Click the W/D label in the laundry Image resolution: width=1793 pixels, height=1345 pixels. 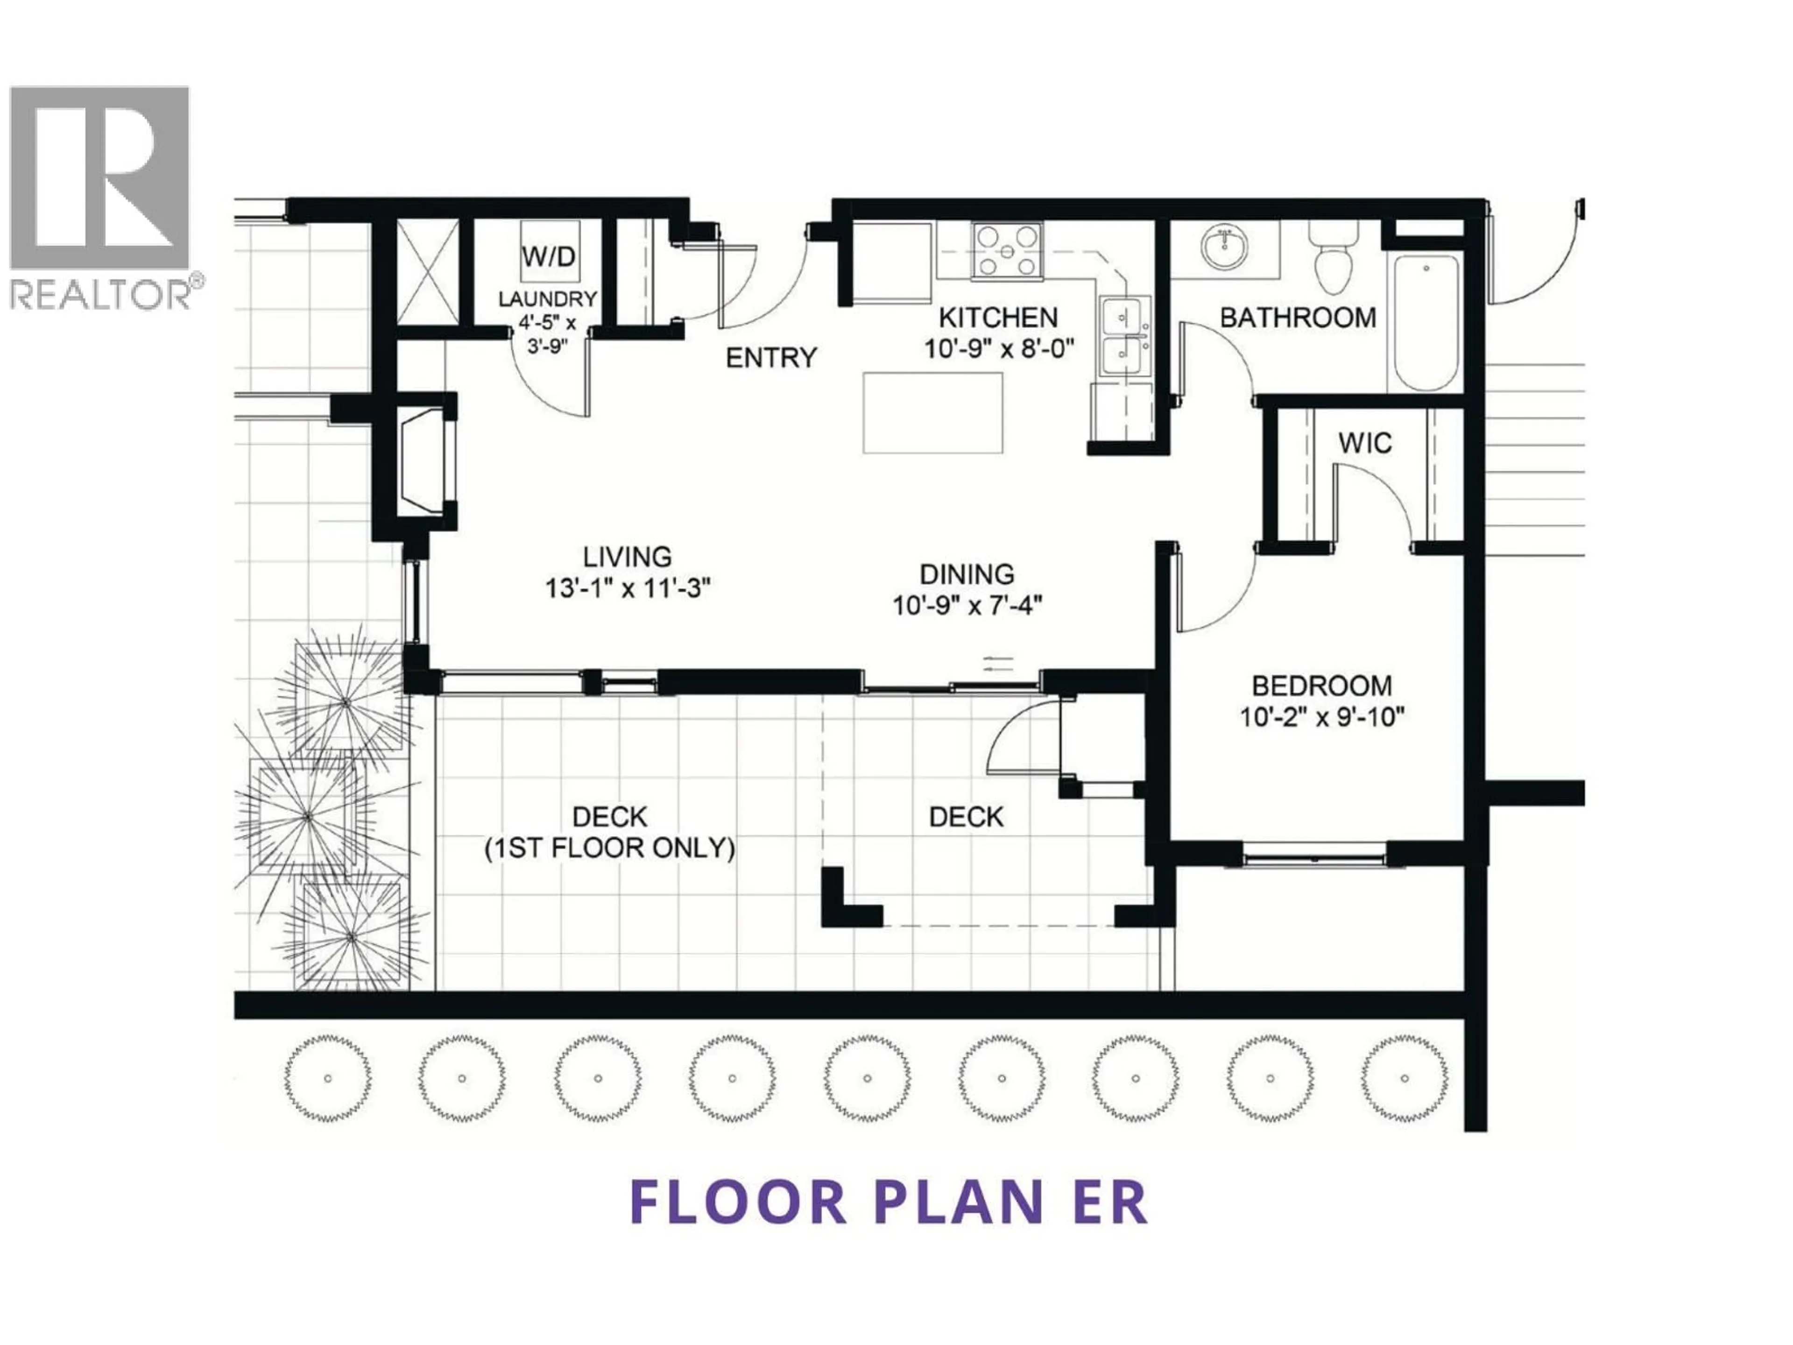coord(548,257)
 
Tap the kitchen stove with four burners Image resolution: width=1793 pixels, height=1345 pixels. coord(1007,251)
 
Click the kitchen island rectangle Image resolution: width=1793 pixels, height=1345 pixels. coord(932,413)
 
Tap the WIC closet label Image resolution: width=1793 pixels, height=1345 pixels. coord(1365,444)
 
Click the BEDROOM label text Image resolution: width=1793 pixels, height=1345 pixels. coord(1322,686)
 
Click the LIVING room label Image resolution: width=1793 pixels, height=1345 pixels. coord(628,557)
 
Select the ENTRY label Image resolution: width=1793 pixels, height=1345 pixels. coord(771,358)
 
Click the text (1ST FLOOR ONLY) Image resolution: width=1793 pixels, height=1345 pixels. coord(609,849)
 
